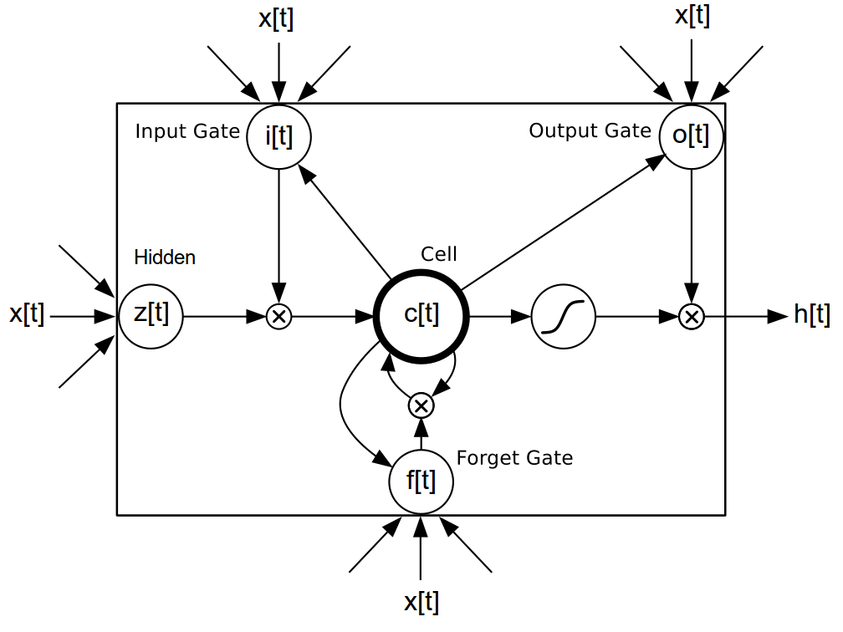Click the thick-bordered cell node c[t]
coord(421,316)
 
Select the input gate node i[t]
coord(278,135)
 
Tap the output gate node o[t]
coord(691,135)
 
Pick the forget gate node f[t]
coord(421,482)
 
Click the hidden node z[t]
coord(151,316)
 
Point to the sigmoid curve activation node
coord(564,317)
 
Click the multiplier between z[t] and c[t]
coord(278,317)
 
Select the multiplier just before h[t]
coord(691,317)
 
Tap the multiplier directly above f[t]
coord(421,406)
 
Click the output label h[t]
coord(811,315)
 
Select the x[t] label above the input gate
coord(276,18)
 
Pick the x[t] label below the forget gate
coord(421,601)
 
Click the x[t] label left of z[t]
coord(27,315)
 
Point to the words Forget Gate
coord(514,458)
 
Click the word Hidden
coord(165,257)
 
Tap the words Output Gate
coord(590,131)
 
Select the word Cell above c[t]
coord(439,254)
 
